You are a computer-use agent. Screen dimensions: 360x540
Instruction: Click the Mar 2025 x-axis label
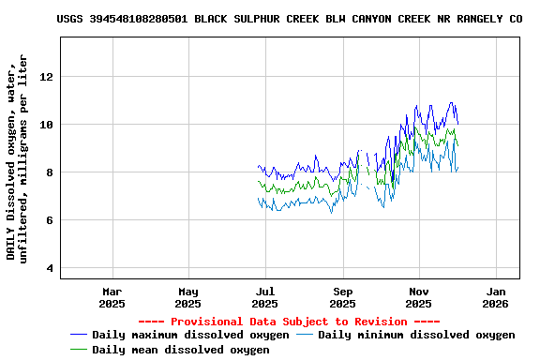click(112, 297)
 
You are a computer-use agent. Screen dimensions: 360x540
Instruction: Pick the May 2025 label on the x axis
click(188, 297)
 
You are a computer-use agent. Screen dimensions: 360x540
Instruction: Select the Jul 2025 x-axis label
click(265, 297)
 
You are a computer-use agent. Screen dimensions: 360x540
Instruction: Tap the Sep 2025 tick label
click(343, 297)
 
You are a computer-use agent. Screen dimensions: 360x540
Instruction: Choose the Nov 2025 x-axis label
click(419, 297)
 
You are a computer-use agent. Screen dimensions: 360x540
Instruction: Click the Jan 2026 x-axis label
click(495, 297)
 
